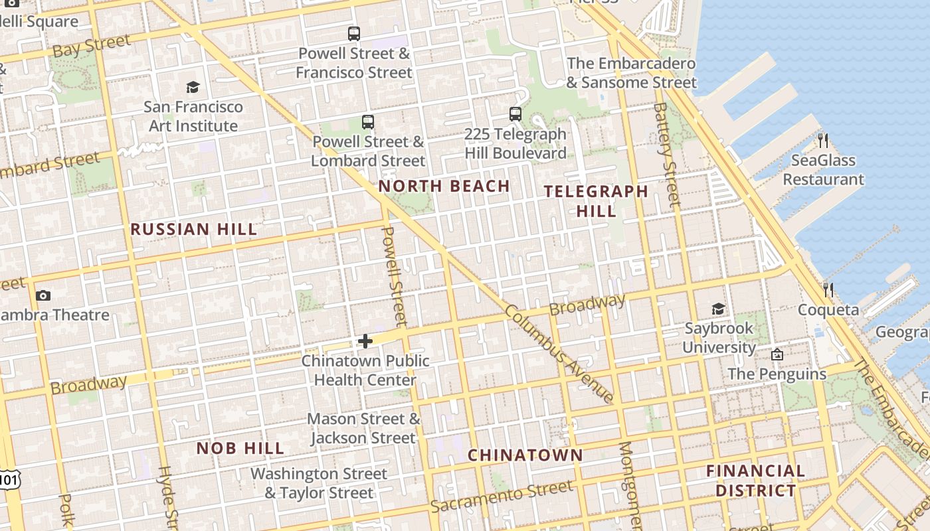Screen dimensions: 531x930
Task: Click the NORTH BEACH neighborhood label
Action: point(444,187)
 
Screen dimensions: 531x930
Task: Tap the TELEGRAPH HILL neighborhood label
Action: point(596,201)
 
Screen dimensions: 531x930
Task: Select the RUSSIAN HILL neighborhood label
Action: point(193,230)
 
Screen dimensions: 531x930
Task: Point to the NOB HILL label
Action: point(240,449)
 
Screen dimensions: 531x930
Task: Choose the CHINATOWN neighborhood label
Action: point(525,455)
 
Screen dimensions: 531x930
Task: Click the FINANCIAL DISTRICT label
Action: point(755,481)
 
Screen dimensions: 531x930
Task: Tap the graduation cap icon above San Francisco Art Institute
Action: point(193,87)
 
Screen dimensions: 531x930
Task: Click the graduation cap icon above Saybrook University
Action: point(718,309)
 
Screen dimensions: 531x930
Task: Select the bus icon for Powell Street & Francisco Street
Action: point(354,34)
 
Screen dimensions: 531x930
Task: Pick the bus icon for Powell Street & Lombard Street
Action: point(368,122)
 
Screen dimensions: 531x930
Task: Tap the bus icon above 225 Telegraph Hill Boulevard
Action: point(515,114)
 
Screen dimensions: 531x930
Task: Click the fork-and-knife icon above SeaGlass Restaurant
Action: point(823,141)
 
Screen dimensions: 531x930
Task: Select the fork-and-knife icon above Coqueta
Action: point(828,290)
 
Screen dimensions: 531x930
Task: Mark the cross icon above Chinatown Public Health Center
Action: point(365,341)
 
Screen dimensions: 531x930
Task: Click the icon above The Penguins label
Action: point(777,354)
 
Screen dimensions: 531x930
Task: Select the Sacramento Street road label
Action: point(501,497)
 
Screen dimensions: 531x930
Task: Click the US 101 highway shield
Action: point(8,479)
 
